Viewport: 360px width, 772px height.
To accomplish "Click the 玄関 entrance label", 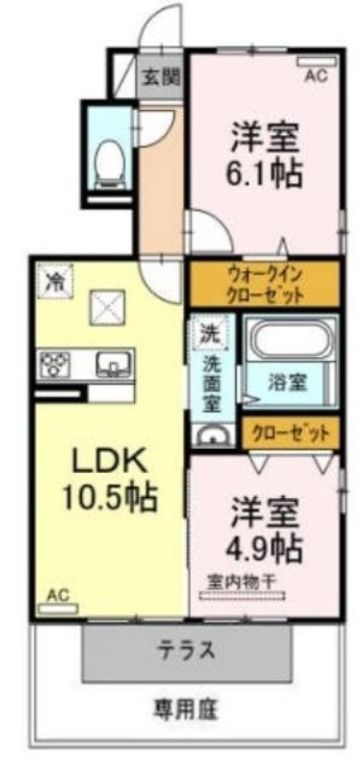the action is pos(161,77).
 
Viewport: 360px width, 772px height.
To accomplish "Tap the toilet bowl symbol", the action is pos(109,159).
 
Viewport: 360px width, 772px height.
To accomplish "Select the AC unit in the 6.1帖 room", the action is pos(318,62).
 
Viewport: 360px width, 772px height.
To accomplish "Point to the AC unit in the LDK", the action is pos(58,609).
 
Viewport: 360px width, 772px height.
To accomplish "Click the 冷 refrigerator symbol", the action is pos(55,281).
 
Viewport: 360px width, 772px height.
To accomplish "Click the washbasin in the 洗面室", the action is pos(213,436).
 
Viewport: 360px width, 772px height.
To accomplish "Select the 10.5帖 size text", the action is pos(109,497).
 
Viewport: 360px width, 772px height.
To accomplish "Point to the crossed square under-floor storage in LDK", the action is pos(106,308).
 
